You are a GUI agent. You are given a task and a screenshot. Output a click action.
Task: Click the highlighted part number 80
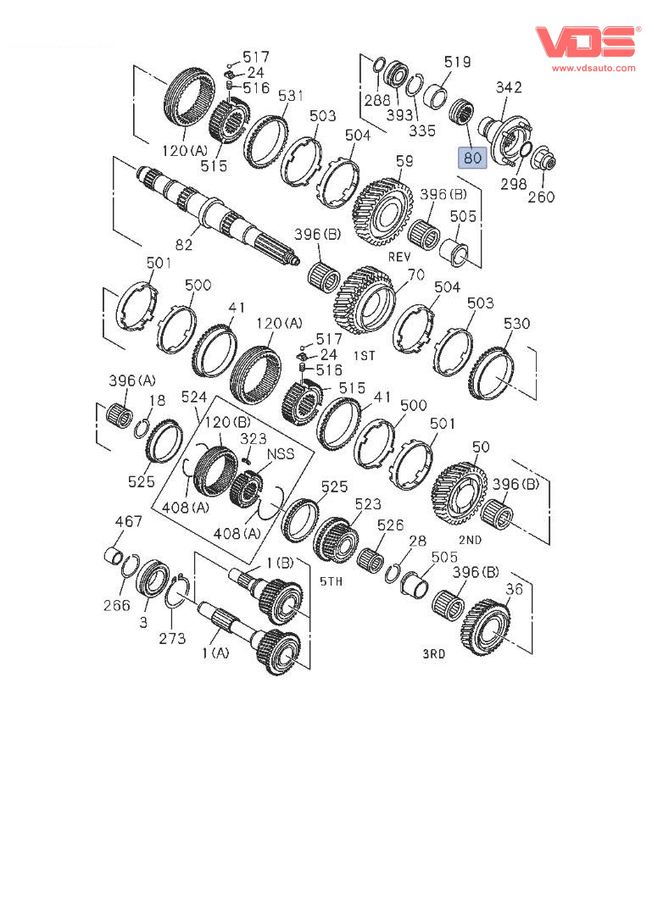tap(472, 158)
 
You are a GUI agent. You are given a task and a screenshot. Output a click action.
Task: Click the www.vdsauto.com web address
tap(593, 68)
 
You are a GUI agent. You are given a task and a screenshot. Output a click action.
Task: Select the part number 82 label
tap(184, 245)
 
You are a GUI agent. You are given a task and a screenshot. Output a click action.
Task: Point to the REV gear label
tap(399, 257)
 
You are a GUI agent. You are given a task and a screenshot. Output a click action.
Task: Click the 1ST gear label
tap(365, 356)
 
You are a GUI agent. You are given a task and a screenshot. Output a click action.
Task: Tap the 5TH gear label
tap(332, 581)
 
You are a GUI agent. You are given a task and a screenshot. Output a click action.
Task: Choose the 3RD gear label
tap(434, 653)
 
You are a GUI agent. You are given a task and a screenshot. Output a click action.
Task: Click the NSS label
tap(281, 454)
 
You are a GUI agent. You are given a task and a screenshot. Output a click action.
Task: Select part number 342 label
tap(509, 87)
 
